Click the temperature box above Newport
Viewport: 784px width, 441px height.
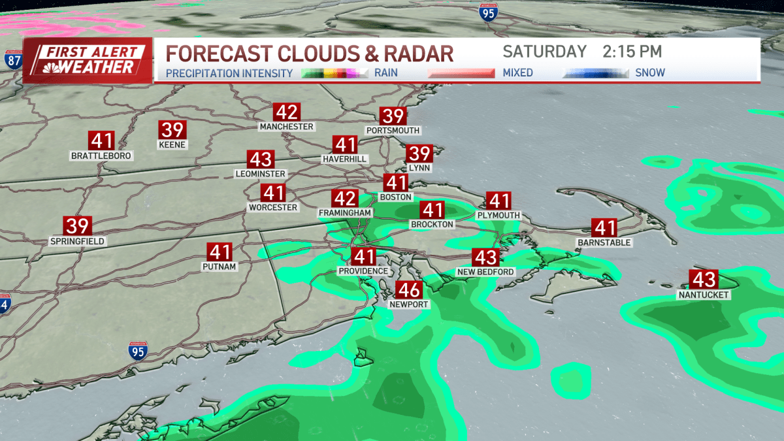409,289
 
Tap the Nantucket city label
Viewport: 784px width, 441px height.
704,295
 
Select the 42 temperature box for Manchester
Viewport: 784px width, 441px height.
286,112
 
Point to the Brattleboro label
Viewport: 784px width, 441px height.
101,156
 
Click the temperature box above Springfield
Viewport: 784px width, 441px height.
77,226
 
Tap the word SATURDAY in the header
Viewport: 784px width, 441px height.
544,52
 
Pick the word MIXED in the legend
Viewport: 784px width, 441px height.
517,73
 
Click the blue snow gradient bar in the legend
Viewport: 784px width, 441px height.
595,73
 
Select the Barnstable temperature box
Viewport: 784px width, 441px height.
604,227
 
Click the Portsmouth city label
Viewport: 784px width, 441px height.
393,131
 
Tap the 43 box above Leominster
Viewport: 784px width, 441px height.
260,159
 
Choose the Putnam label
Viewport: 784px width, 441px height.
220,267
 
